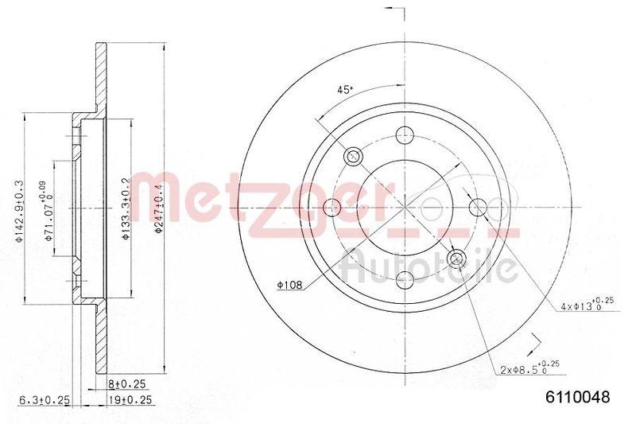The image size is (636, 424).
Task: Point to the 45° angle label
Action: [x=344, y=90]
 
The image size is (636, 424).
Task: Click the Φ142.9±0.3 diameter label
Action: [x=19, y=208]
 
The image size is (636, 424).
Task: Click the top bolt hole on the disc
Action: [x=405, y=135]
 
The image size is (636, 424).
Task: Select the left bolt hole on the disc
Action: [x=333, y=208]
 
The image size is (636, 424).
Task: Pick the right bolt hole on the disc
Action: [x=477, y=208]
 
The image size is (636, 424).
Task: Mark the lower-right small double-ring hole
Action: [x=456, y=259]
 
